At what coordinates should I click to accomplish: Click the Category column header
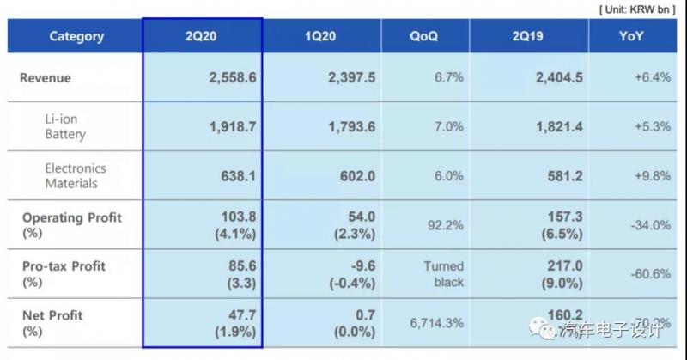pyautogui.click(x=76, y=36)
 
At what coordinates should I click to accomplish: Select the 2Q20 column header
pyautogui.click(x=203, y=36)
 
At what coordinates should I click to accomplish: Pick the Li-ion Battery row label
pyautogui.click(x=65, y=126)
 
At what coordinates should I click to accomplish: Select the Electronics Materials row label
pyautogui.click(x=76, y=175)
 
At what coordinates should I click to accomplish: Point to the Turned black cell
pyautogui.click(x=443, y=274)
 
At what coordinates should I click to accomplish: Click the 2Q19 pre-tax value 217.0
pyautogui.click(x=564, y=266)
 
